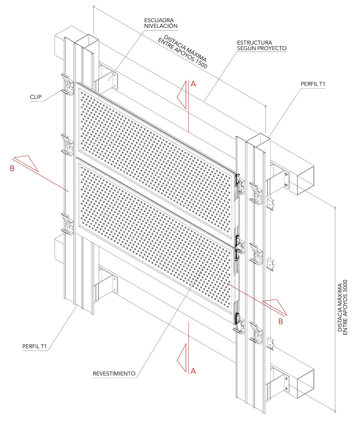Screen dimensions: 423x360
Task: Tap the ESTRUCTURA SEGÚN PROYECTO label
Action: coord(262,45)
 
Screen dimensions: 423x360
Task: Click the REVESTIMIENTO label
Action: coord(114,373)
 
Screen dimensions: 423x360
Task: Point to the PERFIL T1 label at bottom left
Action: coord(34,346)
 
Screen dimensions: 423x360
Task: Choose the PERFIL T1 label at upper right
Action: coord(313,84)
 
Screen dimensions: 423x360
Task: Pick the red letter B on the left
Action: coord(12,168)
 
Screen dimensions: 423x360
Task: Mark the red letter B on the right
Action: coord(281,321)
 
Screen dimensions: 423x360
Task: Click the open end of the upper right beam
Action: coord(305,181)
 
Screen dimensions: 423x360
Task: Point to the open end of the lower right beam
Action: coord(305,384)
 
